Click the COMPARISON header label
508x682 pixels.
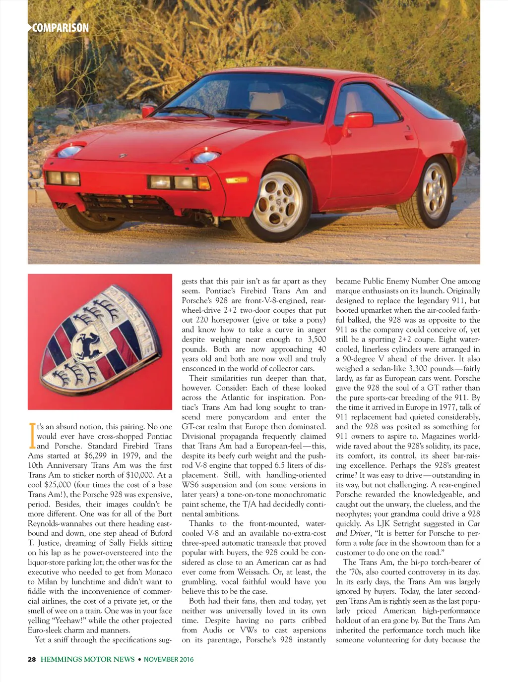pos(60,28)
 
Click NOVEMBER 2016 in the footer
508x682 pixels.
pos(169,659)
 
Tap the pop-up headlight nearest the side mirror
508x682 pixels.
pos(206,157)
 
